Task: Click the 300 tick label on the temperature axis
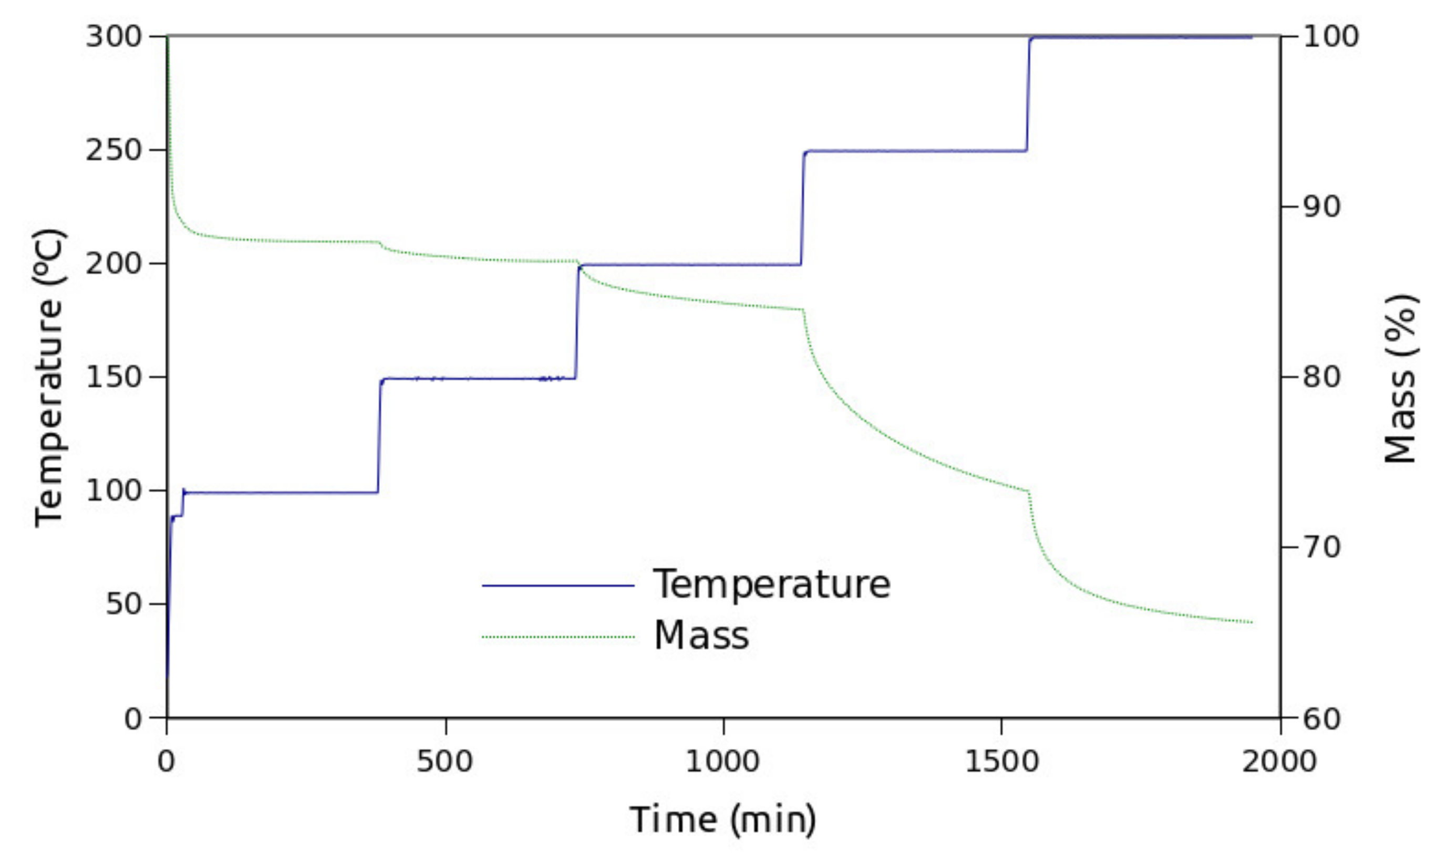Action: (x=113, y=37)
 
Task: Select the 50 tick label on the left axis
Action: (x=123, y=604)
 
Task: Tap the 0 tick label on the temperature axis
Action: (x=133, y=719)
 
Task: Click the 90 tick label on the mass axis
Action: (x=1322, y=207)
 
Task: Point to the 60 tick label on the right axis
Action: (x=1322, y=719)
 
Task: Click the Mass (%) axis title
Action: (x=1400, y=378)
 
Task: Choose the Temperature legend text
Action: (x=771, y=584)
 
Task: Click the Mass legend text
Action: (x=701, y=635)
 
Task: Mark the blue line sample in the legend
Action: (x=558, y=586)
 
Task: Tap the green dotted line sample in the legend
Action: (x=558, y=637)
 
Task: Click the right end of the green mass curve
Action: (x=1251, y=622)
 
